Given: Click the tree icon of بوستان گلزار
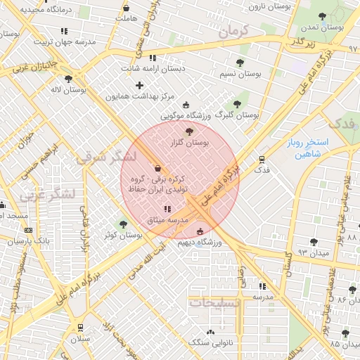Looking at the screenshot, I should (188, 131).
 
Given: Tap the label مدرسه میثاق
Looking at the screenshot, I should (167, 220).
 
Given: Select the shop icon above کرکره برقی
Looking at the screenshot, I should (156, 168).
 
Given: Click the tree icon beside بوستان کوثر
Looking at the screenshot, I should (124, 224).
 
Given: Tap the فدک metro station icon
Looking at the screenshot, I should (262, 160).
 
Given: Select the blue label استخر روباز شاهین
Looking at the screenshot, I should (304, 148).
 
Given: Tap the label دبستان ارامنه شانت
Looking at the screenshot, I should (153, 69).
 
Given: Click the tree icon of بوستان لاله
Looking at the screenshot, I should (68, 79).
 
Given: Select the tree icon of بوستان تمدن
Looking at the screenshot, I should (321, 16).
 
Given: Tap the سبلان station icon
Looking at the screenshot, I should (80, 327).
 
